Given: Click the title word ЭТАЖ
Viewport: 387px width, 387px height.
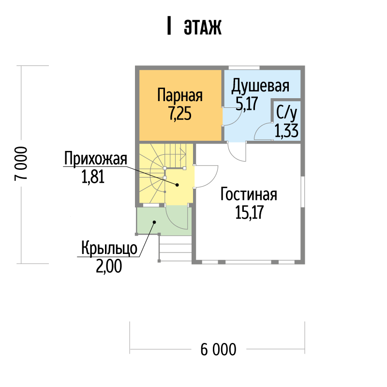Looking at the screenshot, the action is pyautogui.click(x=203, y=27).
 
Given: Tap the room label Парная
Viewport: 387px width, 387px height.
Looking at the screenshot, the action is pyautogui.click(x=180, y=95).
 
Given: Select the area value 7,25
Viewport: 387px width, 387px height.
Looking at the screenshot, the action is pyautogui.click(x=180, y=114).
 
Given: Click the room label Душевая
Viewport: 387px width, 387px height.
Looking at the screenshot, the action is pyautogui.click(x=260, y=86).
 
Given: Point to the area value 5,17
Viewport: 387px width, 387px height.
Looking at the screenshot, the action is pyautogui.click(x=247, y=104).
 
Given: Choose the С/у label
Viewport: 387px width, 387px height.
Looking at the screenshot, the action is pyautogui.click(x=286, y=113).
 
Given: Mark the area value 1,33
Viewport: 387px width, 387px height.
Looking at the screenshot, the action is pyautogui.click(x=286, y=131).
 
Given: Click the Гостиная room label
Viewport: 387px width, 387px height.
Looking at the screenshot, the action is pyautogui.click(x=249, y=194).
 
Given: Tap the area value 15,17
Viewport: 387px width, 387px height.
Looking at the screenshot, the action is pyautogui.click(x=249, y=212).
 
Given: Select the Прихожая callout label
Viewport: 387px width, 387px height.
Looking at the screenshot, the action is pyautogui.click(x=95, y=159).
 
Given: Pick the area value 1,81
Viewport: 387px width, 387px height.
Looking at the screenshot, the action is pyautogui.click(x=93, y=177).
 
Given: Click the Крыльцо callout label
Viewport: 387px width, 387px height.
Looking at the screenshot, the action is pyautogui.click(x=109, y=248).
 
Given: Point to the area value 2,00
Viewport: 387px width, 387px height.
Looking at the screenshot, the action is pyautogui.click(x=109, y=267).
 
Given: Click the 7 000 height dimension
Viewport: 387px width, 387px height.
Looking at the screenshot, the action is pyautogui.click(x=21, y=164).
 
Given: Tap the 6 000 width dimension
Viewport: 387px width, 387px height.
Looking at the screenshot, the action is pyautogui.click(x=219, y=349).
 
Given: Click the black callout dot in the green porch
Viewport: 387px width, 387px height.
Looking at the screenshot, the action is pyautogui.click(x=154, y=222).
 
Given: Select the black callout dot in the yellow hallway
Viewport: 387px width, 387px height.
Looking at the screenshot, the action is pyautogui.click(x=177, y=185).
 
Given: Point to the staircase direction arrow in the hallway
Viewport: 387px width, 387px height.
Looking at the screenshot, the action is pyautogui.click(x=183, y=154).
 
